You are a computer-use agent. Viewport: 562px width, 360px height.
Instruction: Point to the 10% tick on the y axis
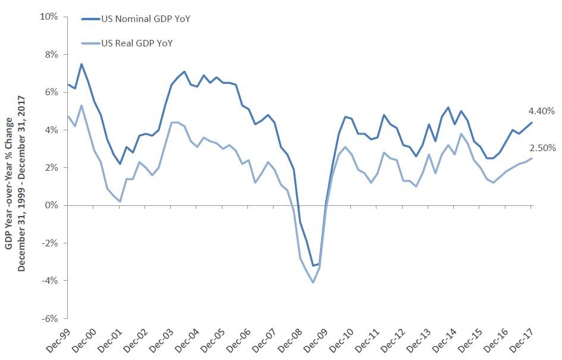pyautogui.click(x=49, y=17)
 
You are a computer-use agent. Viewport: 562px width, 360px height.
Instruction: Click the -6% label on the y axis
pyautogui.click(x=50, y=318)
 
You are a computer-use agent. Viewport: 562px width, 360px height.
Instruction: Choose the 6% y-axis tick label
pyautogui.click(x=52, y=92)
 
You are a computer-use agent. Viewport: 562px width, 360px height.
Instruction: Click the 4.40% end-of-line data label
pyautogui.click(x=541, y=111)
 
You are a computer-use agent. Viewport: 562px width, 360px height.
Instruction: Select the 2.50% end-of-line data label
pyautogui.click(x=541, y=148)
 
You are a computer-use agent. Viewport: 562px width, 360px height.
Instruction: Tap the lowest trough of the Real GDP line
pyautogui.click(x=313, y=282)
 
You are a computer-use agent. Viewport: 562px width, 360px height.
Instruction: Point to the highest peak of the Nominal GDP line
pyautogui.click(x=81, y=64)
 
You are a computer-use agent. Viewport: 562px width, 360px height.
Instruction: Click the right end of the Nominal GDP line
pyautogui.click(x=532, y=123)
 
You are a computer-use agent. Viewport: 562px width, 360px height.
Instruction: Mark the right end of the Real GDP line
pyautogui.click(x=532, y=158)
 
